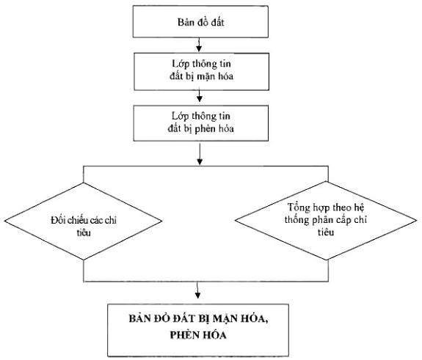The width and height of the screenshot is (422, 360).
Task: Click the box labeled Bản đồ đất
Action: (200, 21)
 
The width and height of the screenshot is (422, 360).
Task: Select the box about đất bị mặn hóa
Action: (202, 72)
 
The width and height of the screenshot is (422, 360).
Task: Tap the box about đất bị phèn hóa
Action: (201, 123)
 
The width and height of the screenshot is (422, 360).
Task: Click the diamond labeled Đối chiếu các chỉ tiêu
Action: (84, 221)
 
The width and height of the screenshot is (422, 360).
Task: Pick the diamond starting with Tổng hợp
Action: (326, 221)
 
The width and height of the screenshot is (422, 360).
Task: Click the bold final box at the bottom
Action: (198, 330)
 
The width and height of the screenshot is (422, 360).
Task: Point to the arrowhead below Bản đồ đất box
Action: (199, 48)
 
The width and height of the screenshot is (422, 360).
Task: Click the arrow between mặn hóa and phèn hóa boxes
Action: (200, 96)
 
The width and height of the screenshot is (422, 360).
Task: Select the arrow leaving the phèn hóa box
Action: (200, 154)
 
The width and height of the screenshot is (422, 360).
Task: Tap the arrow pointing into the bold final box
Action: (198, 290)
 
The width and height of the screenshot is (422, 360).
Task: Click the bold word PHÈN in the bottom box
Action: (183, 335)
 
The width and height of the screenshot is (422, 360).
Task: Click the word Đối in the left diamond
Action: (58, 220)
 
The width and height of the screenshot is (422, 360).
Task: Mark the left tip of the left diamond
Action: (4, 221)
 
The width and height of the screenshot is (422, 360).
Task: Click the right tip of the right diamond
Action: (417, 221)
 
